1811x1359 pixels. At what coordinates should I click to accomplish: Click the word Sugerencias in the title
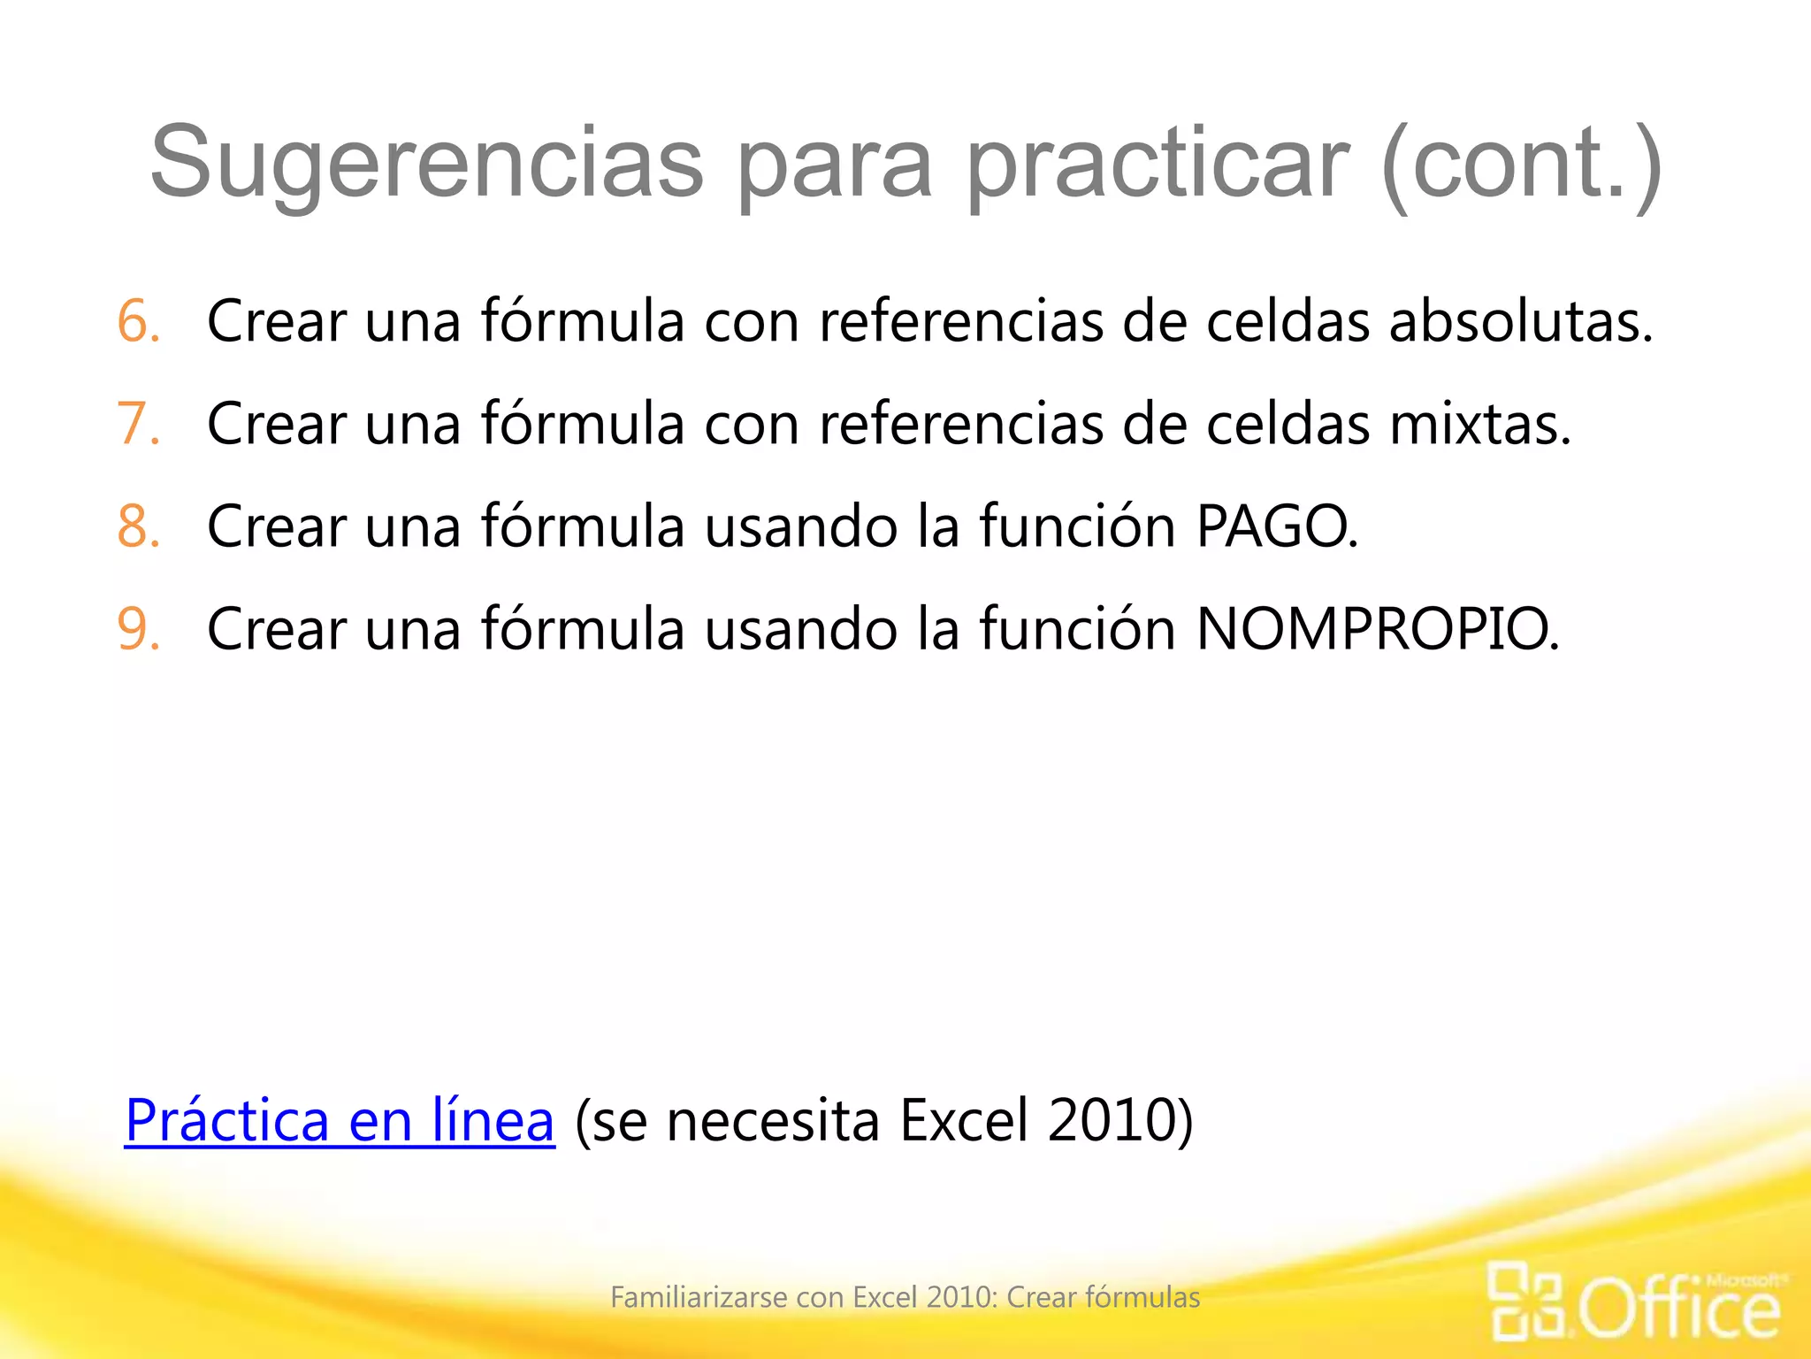(x=426, y=164)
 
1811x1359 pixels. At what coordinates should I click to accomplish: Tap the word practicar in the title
(x=1158, y=164)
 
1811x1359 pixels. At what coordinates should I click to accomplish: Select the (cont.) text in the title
(x=1521, y=164)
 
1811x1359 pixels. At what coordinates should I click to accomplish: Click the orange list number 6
(x=138, y=321)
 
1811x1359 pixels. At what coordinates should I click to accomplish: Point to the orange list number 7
(x=138, y=424)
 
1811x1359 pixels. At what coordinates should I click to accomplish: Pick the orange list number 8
(x=138, y=526)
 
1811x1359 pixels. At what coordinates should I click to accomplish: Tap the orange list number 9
(x=138, y=629)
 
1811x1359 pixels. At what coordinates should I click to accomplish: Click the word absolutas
(x=1520, y=321)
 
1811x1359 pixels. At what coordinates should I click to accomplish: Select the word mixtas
(x=1479, y=424)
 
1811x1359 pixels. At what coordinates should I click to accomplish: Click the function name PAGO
(x=1275, y=526)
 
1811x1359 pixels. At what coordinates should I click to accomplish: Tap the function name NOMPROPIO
(x=1376, y=629)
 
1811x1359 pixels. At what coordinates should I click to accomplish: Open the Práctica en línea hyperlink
(x=340, y=1121)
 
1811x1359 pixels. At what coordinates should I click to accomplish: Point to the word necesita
(x=773, y=1121)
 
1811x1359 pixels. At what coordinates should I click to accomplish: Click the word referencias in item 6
(x=961, y=321)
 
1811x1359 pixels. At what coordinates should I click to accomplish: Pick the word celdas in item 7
(x=1287, y=424)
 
